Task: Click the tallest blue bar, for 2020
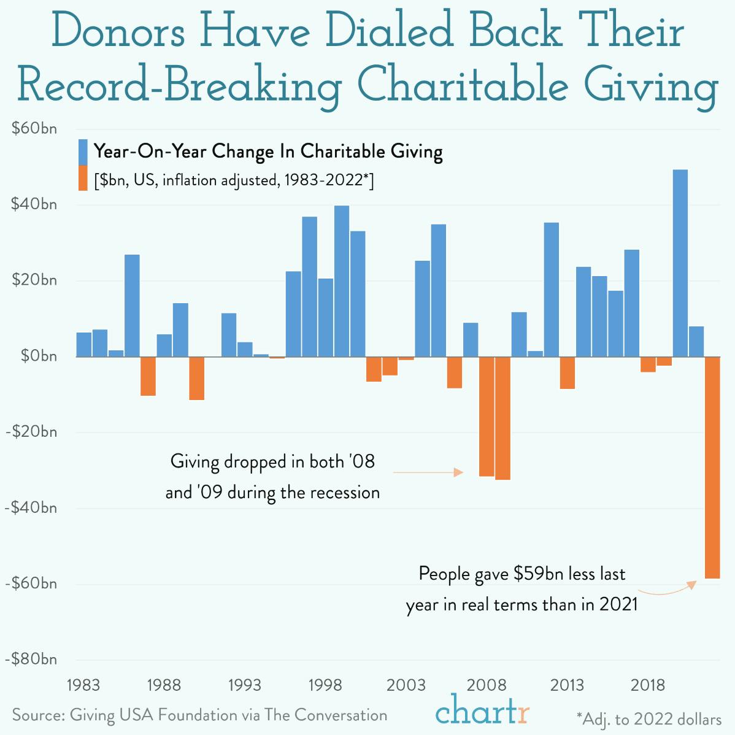pyautogui.click(x=680, y=263)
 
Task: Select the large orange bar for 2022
pyautogui.click(x=712, y=467)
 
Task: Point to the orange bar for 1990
pyautogui.click(x=196, y=378)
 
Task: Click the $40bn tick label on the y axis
pyautogui.click(x=34, y=204)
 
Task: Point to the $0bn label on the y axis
pyautogui.click(x=38, y=356)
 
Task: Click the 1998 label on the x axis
pyautogui.click(x=325, y=685)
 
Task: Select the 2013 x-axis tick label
pyautogui.click(x=567, y=685)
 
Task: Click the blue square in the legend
pyautogui.click(x=83, y=152)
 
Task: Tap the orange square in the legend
pyautogui.click(x=83, y=178)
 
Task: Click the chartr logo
pyautogui.click(x=482, y=712)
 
